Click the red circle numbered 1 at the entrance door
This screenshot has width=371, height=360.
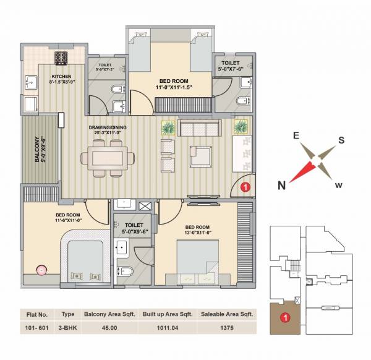[x=245, y=186]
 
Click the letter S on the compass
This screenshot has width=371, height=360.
[x=341, y=139]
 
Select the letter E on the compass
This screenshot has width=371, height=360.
[x=296, y=135]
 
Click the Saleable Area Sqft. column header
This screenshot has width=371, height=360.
[x=228, y=314]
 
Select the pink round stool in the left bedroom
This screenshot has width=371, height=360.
[x=41, y=269]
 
